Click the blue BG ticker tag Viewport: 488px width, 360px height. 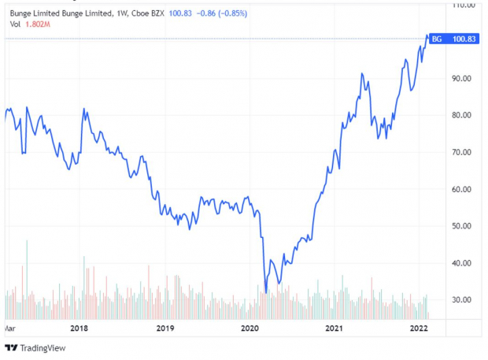tap(438, 39)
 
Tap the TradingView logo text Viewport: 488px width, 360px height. tap(43, 348)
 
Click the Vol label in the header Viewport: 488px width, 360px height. tap(15, 24)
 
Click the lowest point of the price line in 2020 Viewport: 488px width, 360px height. tap(266, 293)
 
